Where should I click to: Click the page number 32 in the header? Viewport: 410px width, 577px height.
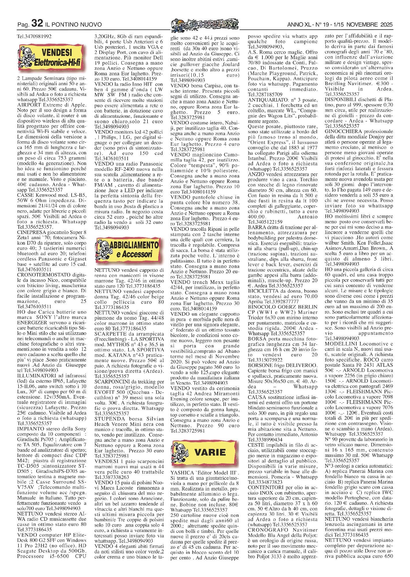tap(37, 23)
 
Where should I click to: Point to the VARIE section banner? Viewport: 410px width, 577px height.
tap(205, 452)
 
